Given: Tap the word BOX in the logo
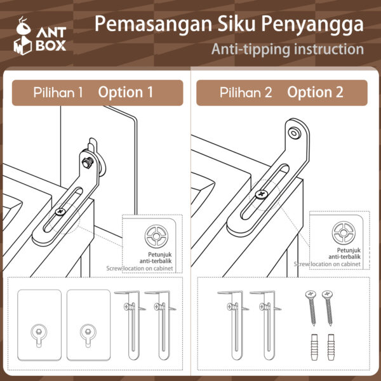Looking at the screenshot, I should coord(51,46).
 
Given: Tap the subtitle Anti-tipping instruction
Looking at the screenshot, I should coord(288,50).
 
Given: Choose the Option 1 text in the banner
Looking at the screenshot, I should coord(126,92).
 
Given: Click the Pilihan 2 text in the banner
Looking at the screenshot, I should coord(246,92).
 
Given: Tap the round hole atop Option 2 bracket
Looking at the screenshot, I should coord(294,133).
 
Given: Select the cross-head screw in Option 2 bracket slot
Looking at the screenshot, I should coord(261,193).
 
